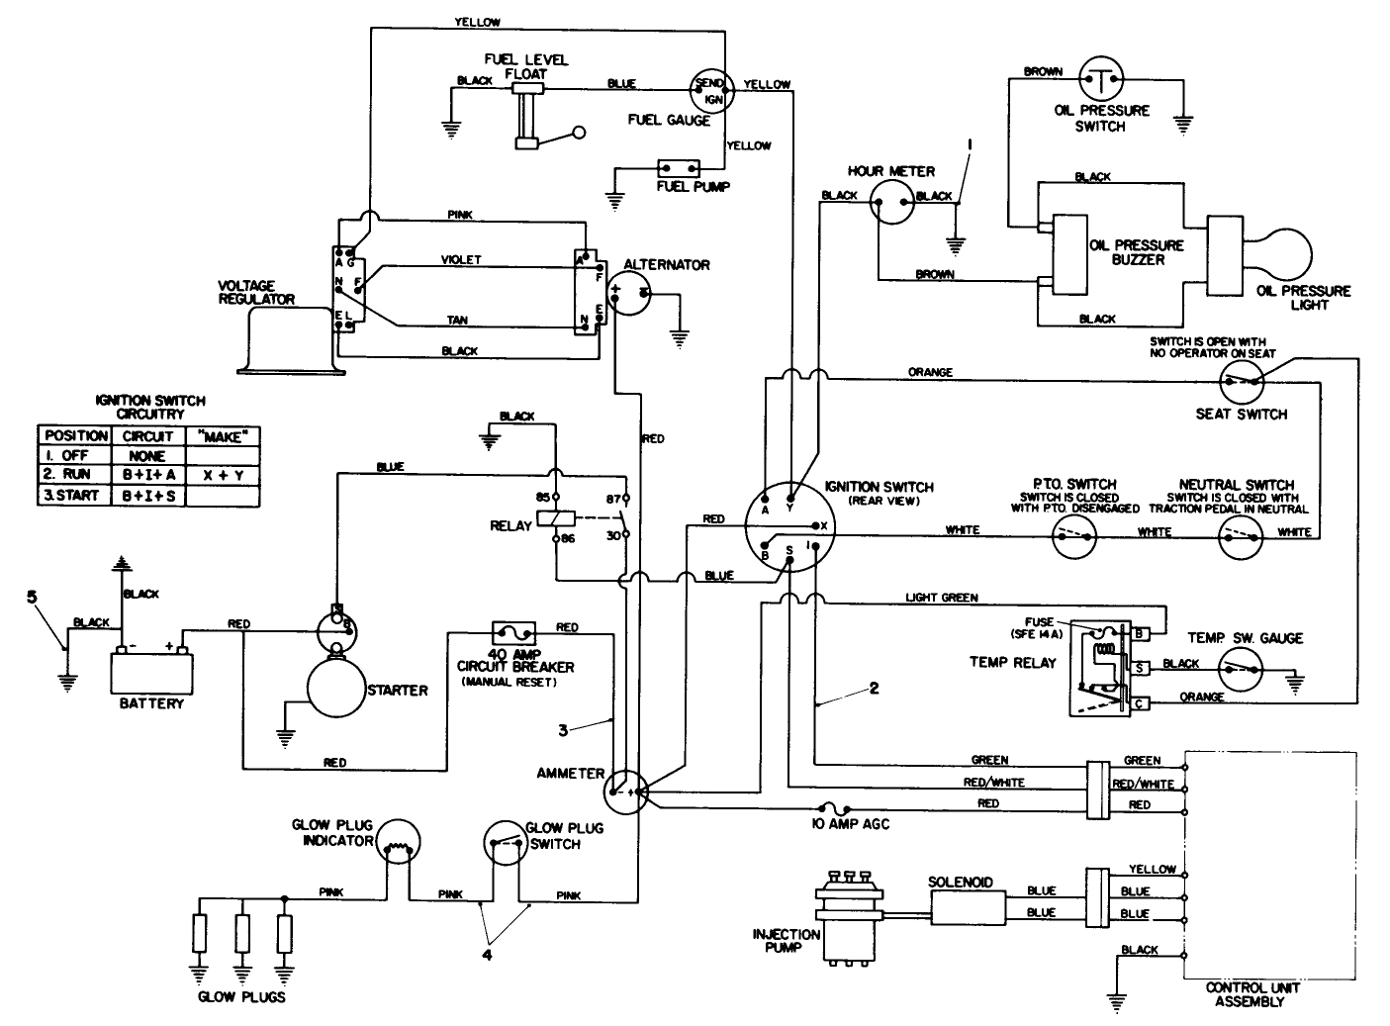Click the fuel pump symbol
(680, 168)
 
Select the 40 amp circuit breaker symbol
(513, 631)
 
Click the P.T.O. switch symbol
(1073, 535)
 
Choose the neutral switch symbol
(1241, 535)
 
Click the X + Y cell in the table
(223, 475)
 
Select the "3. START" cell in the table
(73, 496)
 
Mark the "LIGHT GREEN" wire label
(941, 598)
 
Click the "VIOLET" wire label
(461, 260)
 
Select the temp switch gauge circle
(1242, 670)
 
